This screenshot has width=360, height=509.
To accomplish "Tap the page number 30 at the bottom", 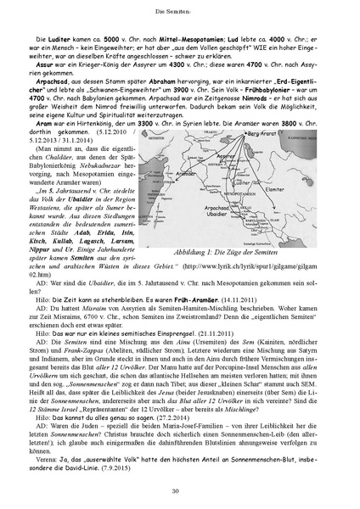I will tap(180, 491).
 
